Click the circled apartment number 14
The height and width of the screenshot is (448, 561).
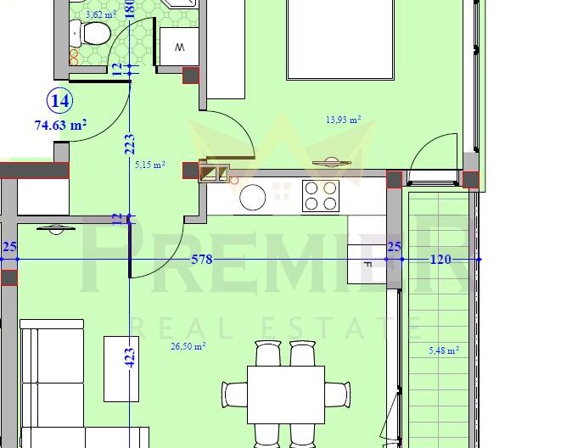(60, 101)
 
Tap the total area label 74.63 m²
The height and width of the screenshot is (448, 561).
(60, 125)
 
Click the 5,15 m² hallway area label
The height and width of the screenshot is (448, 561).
(149, 165)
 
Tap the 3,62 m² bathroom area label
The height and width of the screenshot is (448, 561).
(100, 14)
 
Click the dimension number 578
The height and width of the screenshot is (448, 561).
(201, 260)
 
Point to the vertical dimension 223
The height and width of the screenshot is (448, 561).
(129, 145)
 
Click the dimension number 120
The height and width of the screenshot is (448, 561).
(440, 260)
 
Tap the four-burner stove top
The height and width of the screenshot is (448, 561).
(321, 196)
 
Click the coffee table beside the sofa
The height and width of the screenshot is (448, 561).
(121, 368)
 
